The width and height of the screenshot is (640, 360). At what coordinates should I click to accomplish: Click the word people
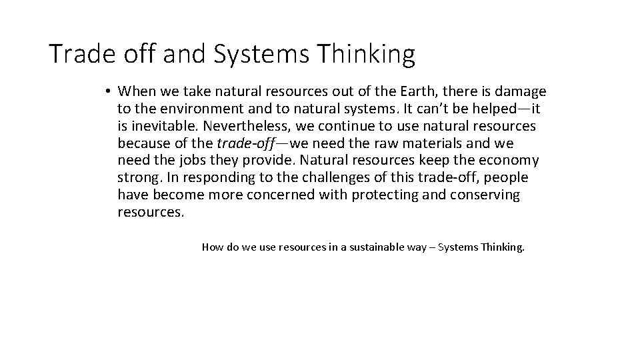[505, 178]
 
